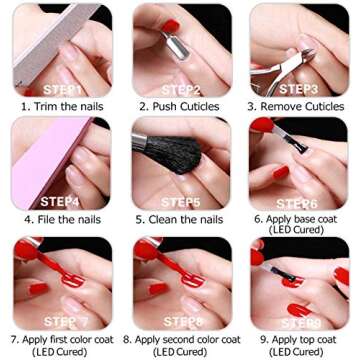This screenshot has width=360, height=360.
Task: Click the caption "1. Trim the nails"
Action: coord(59,104)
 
